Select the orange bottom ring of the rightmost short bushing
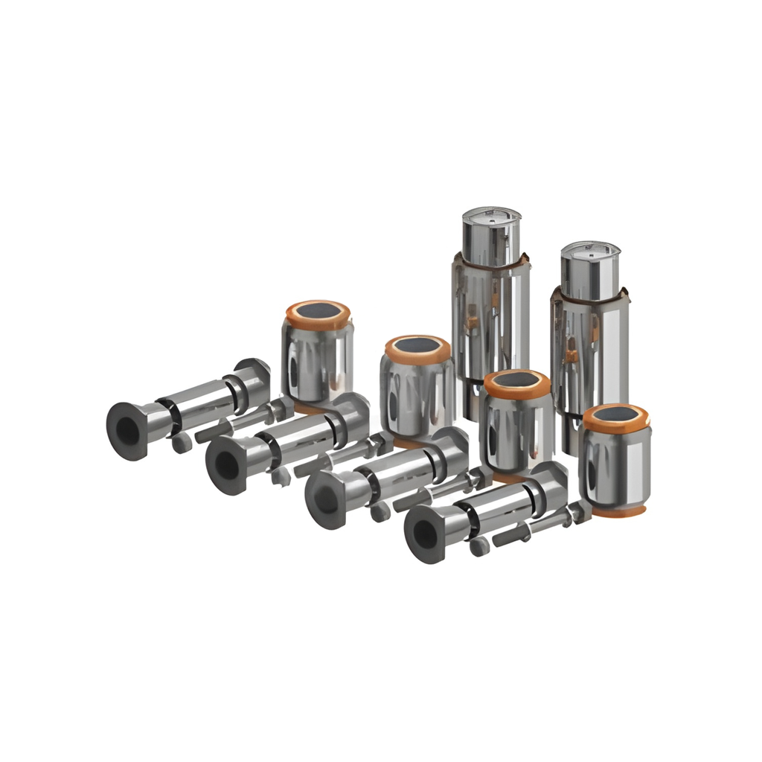(616, 512)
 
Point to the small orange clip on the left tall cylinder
(472, 321)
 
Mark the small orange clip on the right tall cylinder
(571, 356)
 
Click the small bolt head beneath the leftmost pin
(182, 444)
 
